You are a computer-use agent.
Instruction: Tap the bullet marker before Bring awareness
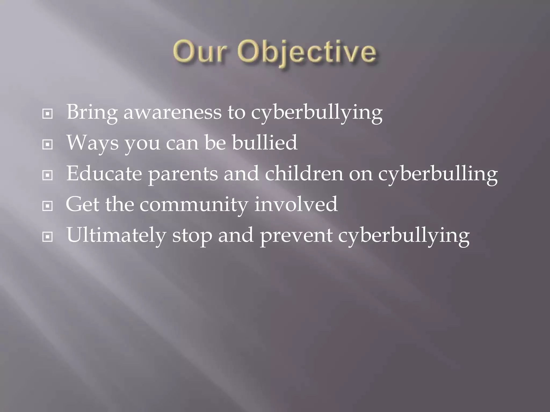(x=48, y=114)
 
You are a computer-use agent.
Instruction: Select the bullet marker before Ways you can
(x=48, y=145)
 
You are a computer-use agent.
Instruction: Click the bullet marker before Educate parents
(x=48, y=176)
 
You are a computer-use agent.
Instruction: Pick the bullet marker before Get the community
(x=48, y=206)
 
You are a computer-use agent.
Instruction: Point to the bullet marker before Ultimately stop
(x=48, y=237)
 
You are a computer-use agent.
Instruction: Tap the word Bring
(x=92, y=113)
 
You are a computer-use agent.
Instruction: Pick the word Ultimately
(x=116, y=236)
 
